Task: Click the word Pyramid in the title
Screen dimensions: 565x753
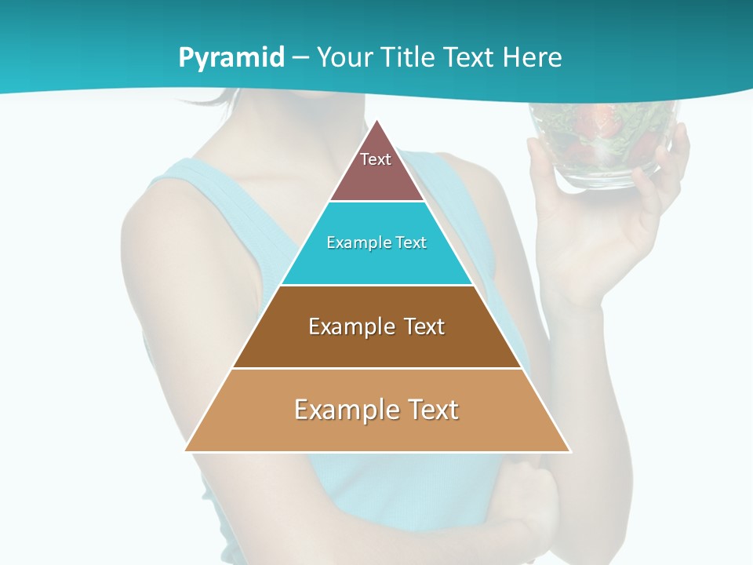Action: tap(231, 58)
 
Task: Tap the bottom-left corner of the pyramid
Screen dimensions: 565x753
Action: tap(187, 450)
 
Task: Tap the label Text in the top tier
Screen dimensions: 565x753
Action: tap(376, 159)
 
